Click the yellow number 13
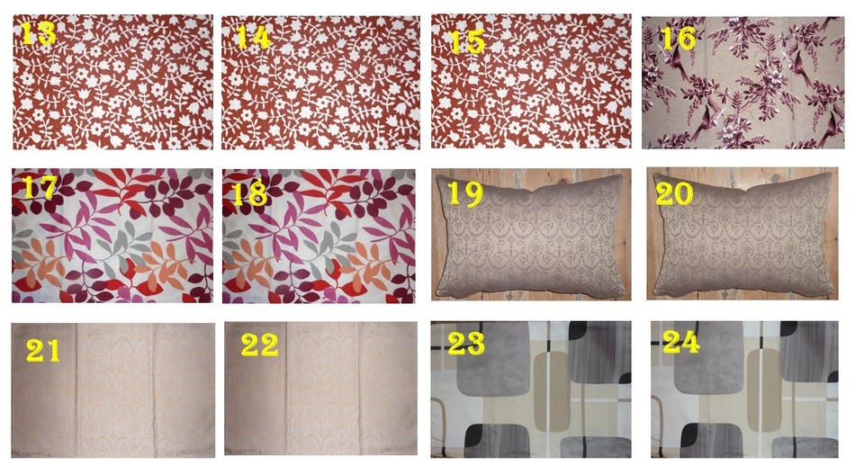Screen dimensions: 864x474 38,32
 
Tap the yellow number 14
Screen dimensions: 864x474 253,37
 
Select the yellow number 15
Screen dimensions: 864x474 467,42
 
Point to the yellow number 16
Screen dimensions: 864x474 677,38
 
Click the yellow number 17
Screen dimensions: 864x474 39,186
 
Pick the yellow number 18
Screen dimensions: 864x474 249,193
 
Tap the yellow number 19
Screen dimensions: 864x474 464,193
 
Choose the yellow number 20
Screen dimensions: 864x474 674,193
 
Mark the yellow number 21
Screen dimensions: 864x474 43,350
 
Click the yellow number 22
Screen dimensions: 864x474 259,344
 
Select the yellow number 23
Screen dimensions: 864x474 465,343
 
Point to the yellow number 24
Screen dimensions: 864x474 681,342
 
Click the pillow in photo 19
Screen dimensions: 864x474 532,235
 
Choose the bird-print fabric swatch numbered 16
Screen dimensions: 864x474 742,83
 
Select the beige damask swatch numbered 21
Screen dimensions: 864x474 113,389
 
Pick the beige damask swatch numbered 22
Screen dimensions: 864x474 320,389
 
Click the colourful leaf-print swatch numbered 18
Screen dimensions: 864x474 319,237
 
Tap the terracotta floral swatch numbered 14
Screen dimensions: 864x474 320,83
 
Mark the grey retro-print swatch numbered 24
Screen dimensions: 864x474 744,389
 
